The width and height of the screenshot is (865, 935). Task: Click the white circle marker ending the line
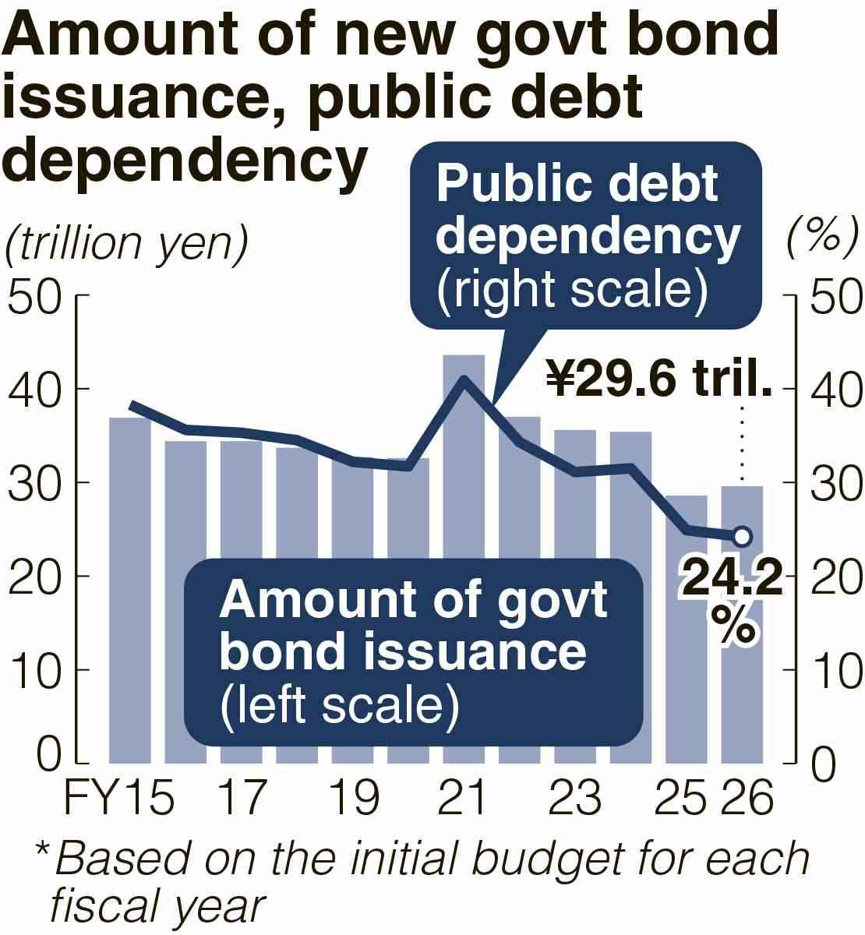coord(742,536)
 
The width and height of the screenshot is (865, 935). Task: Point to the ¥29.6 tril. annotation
coord(658,379)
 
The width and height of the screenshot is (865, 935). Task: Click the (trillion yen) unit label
coord(126,244)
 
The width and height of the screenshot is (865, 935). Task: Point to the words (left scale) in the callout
coord(339,705)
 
